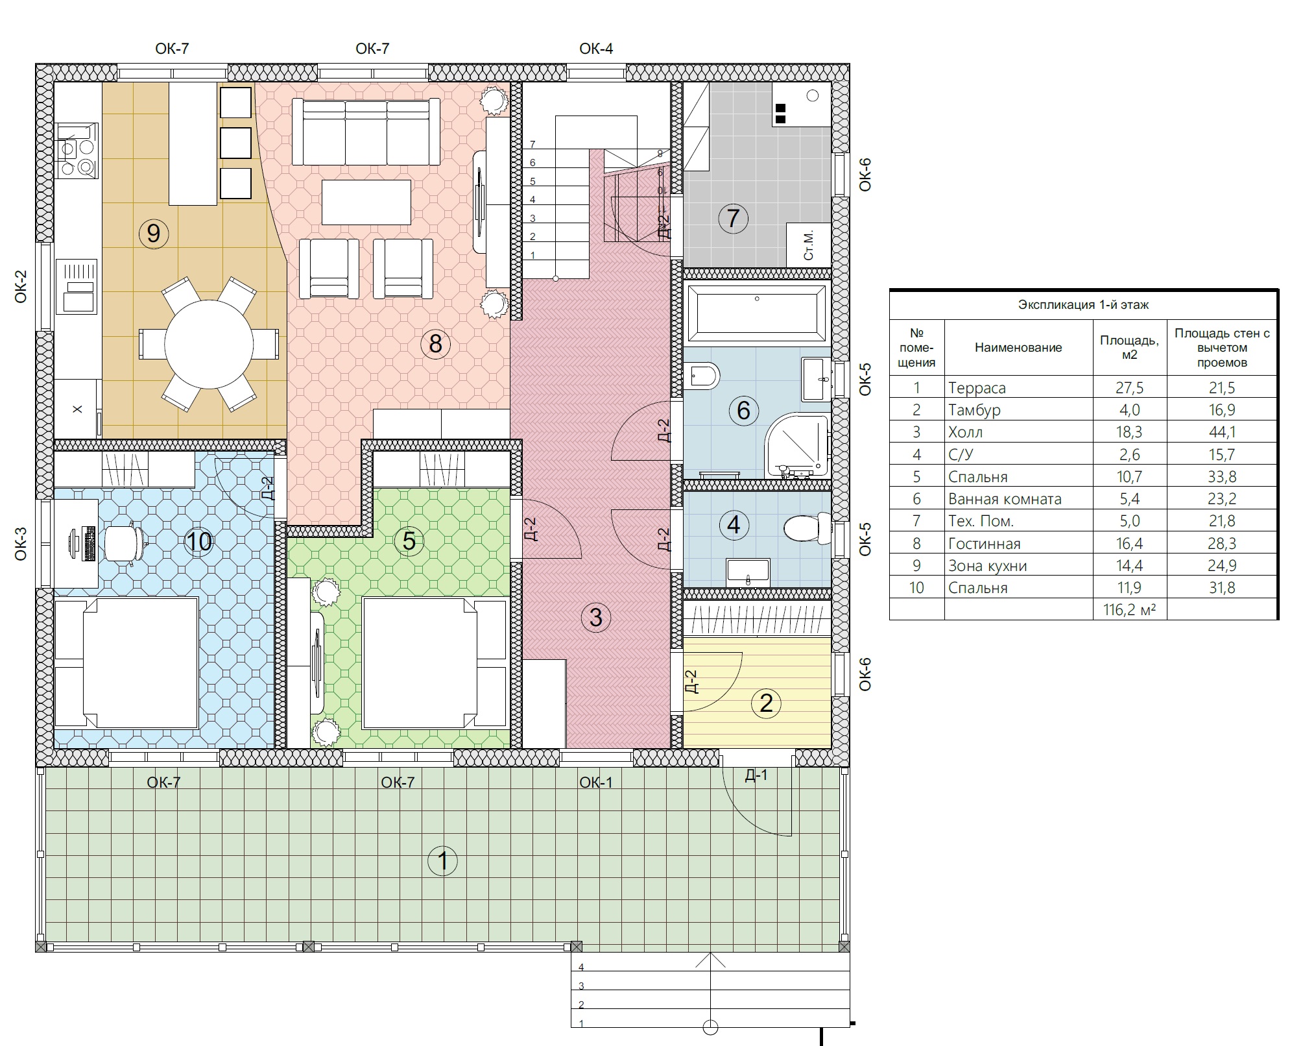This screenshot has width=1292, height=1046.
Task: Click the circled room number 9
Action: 154,233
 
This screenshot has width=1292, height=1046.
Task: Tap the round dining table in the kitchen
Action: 209,344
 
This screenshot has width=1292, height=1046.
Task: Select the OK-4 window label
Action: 596,49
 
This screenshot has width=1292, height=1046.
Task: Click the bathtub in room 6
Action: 757,313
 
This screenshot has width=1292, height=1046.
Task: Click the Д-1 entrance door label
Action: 756,775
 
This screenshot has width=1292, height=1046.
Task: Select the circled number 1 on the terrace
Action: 443,861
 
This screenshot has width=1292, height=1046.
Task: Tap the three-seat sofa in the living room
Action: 366,132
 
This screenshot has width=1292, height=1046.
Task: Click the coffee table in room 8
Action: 366,202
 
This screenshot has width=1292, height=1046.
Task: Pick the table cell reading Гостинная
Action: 984,544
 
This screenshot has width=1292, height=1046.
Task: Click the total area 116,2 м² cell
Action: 1129,609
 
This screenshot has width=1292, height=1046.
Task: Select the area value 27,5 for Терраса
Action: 1129,388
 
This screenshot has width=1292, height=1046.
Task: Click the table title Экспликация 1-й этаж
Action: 1083,304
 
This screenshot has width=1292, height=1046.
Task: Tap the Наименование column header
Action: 1018,347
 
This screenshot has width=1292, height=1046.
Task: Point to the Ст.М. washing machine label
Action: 808,245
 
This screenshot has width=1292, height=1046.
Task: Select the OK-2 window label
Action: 21,286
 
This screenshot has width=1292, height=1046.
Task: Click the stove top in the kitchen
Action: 77,151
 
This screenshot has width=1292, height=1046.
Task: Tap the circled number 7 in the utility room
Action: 733,218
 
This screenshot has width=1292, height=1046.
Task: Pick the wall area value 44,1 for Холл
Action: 1222,432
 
